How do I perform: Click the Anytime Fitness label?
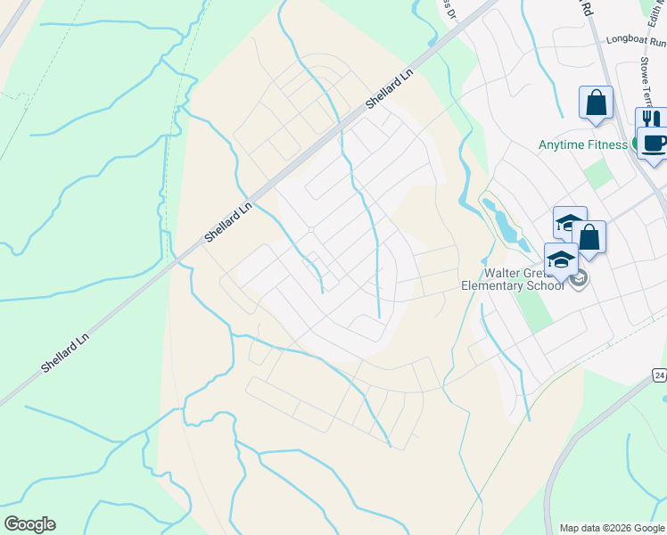coord(583,144)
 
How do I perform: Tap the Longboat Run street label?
coord(636,40)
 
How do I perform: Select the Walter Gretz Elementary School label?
coord(512,279)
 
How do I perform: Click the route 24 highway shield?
coord(658,374)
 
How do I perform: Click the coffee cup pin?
coord(655,142)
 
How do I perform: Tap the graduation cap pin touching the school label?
coord(561,259)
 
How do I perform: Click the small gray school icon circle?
coord(578,279)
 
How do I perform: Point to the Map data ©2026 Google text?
coord(613,528)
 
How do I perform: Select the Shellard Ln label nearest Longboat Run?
coord(390,91)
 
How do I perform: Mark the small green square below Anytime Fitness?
coord(599,175)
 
